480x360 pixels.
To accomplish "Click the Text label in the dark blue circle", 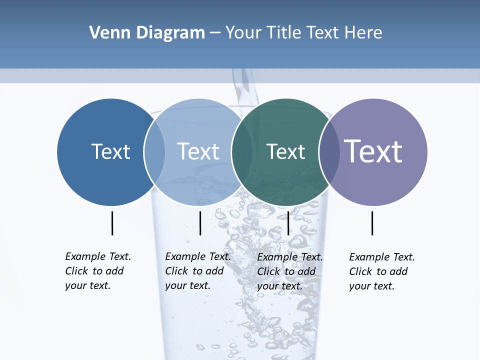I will point(110,151).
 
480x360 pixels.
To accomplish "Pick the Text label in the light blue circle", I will point(198,151).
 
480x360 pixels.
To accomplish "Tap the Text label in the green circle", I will point(285,151).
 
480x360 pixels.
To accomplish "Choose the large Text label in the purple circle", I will point(373,151).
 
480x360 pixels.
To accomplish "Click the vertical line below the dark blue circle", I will point(112,223).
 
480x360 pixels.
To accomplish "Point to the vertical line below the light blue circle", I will point(200,223).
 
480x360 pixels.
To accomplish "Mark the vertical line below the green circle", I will point(288,223).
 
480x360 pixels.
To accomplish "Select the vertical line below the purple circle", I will point(372,223).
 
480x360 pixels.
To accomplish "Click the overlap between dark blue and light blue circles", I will point(154,152).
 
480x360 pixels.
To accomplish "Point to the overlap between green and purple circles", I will point(328,152).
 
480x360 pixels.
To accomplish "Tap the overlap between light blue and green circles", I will point(241,152).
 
